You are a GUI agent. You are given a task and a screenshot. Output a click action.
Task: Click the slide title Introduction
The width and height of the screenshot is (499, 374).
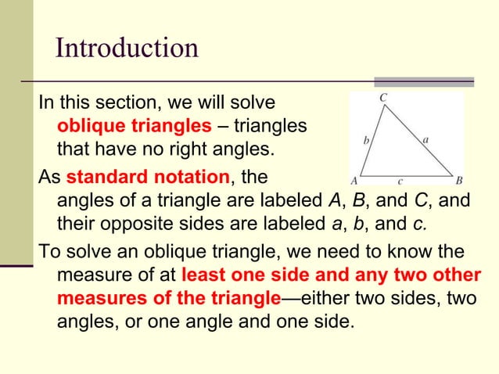click(127, 49)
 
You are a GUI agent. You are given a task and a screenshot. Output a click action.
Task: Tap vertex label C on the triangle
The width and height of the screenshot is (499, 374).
click(383, 98)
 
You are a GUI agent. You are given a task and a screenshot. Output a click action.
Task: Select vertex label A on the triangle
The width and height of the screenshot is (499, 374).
click(354, 178)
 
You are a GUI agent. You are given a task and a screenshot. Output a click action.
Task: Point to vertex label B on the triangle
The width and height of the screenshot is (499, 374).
click(459, 178)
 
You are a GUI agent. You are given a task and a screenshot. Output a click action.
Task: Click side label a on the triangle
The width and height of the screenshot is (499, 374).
click(425, 139)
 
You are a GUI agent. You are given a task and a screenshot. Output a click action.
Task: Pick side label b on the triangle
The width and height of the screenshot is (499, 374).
click(366, 142)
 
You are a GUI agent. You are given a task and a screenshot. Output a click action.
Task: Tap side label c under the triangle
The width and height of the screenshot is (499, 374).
click(400, 179)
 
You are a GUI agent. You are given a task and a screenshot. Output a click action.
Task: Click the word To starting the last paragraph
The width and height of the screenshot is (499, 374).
click(48, 252)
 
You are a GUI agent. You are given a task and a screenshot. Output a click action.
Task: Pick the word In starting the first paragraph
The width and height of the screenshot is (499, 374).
click(46, 102)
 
